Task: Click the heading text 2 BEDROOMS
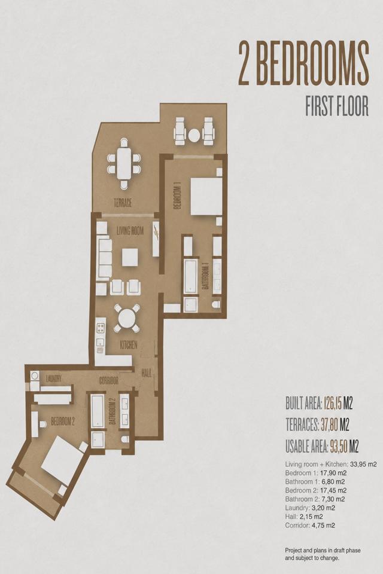(x=303, y=64)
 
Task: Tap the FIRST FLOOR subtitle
(x=337, y=106)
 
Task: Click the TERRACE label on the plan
(x=123, y=203)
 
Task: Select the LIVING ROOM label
(x=130, y=231)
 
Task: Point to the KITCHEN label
(x=129, y=344)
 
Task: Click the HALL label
(x=147, y=373)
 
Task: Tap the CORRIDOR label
(x=109, y=381)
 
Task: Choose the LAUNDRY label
(x=53, y=378)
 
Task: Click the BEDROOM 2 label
(x=63, y=422)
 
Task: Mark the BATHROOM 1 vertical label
(x=206, y=275)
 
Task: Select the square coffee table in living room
(x=130, y=257)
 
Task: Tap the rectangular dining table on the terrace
(x=124, y=163)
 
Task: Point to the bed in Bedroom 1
(x=206, y=197)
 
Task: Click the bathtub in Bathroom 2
(x=97, y=411)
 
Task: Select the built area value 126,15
(x=333, y=404)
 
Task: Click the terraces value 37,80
(x=329, y=425)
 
